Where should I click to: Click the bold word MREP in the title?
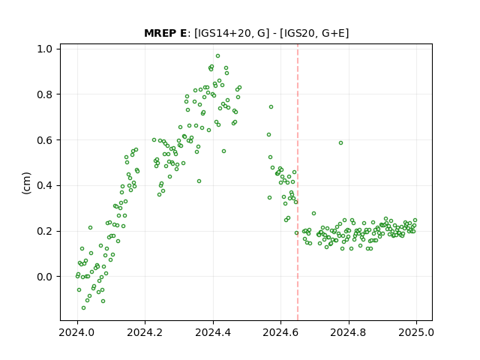coord(161,33)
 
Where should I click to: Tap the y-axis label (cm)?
coord(26,183)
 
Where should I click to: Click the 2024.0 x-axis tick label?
coord(77,332)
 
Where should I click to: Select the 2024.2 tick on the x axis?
coord(145,332)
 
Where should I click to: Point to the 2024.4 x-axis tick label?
coord(213,332)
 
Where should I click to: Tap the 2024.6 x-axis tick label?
coord(280,332)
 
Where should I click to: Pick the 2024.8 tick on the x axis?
coord(349,332)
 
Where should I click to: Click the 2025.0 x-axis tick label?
coord(416,332)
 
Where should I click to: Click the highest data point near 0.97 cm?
coord(218,56)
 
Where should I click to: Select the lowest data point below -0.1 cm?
coord(83,307)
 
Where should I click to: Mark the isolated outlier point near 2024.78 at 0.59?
coord(340,143)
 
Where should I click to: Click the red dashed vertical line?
coord(298,182)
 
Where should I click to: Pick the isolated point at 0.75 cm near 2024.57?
coord(271,106)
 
